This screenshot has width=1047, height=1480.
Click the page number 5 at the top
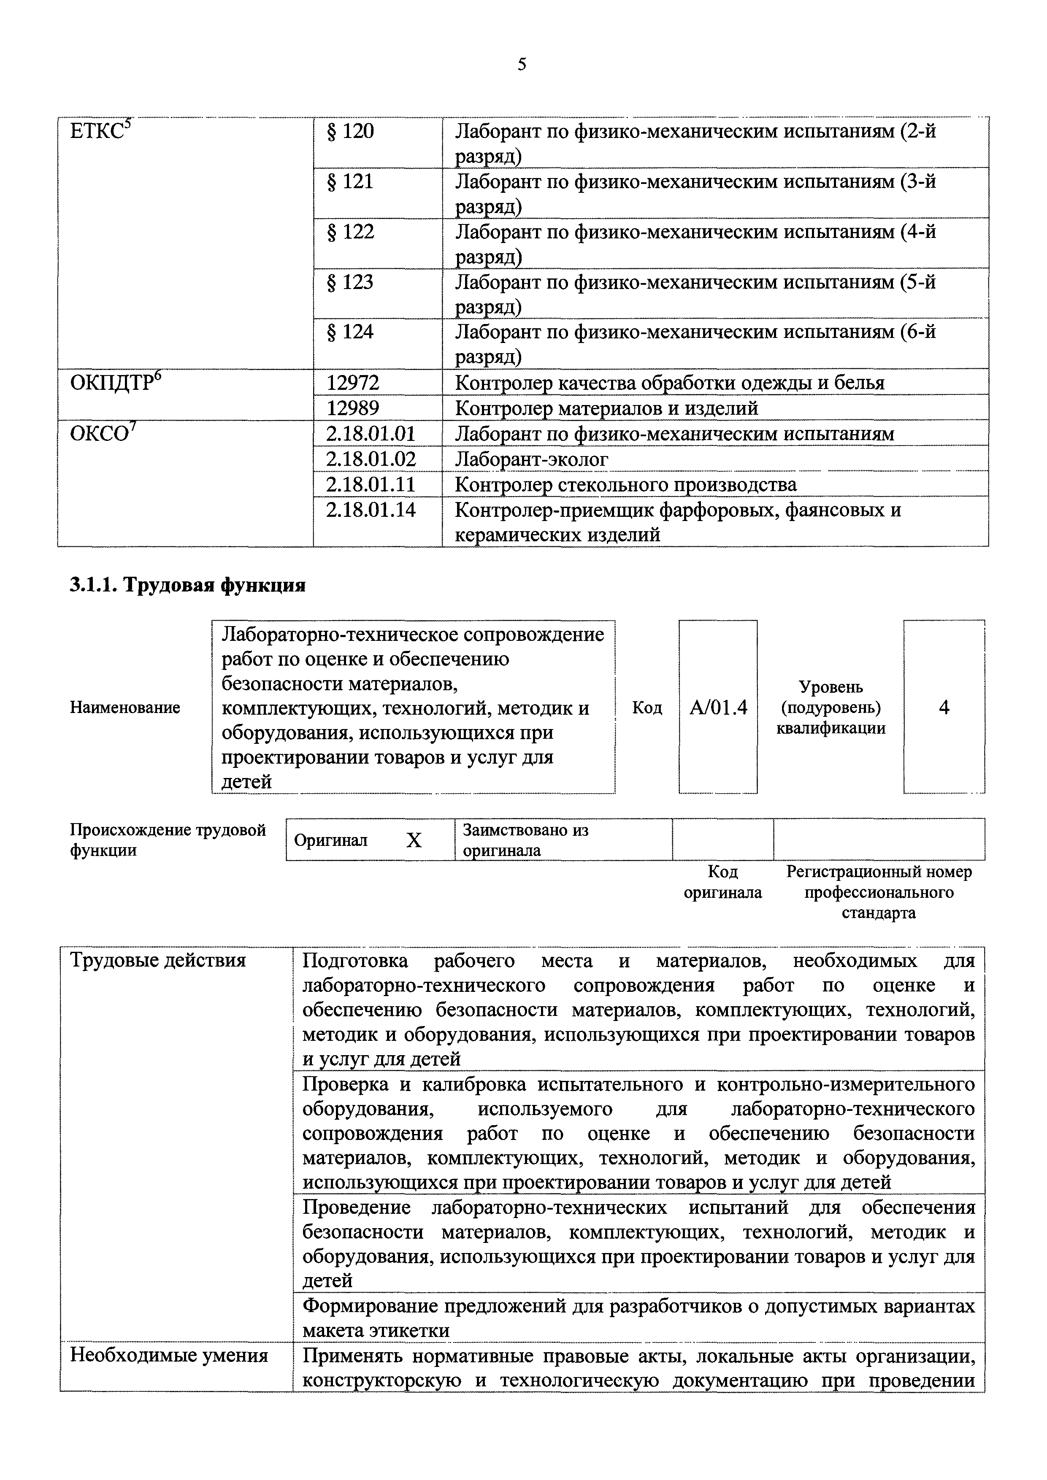pos(522,64)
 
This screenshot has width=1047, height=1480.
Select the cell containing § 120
pos(351,132)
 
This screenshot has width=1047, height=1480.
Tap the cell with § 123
pos(351,282)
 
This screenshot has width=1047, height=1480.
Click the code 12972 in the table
pos(353,383)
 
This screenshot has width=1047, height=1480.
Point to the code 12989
pos(353,408)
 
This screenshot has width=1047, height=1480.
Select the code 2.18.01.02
pos(371,459)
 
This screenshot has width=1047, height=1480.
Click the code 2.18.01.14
pos(371,510)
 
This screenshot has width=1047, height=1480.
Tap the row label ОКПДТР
pos(115,383)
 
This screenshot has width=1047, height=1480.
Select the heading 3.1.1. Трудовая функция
pos(187,585)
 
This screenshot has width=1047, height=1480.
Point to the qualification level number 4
pos(944,708)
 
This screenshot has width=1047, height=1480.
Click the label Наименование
pos(125,708)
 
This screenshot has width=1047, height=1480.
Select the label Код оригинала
pos(723,882)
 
